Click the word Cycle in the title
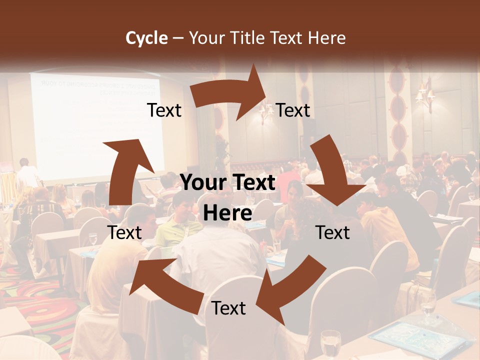pos(146,38)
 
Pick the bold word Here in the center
pos(227,213)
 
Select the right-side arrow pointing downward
pos(332,173)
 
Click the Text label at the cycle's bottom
pos(228,308)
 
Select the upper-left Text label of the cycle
pos(164,110)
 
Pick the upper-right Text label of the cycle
pos(293,110)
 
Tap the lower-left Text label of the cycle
pos(125,232)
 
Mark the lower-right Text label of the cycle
pos(333,232)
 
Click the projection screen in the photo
pos(97,125)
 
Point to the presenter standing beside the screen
pos(27,175)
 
